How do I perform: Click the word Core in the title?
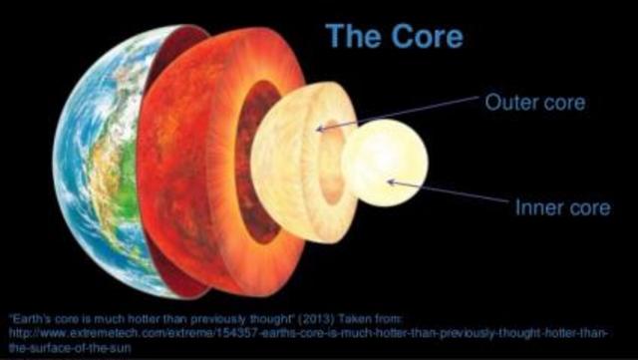(424, 36)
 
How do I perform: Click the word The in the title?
(354, 36)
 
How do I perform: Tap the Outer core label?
(534, 103)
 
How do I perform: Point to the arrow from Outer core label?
(399, 116)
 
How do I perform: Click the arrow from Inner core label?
(449, 194)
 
